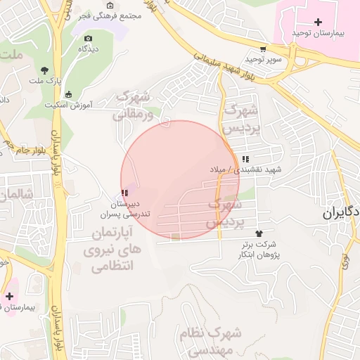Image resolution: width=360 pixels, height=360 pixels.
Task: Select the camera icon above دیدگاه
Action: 87,39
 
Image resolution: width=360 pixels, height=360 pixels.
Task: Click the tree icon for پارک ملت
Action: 45,70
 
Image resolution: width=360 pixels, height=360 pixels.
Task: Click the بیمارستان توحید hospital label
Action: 318,34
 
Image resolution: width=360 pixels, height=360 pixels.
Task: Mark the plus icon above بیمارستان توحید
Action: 318,22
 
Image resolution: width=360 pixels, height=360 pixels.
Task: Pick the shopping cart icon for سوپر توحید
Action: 263,49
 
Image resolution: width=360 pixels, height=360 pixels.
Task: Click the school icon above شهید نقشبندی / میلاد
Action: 244,160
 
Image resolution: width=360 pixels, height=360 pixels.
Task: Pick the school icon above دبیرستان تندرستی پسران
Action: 124,193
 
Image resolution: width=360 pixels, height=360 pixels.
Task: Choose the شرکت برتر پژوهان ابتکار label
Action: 260,249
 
